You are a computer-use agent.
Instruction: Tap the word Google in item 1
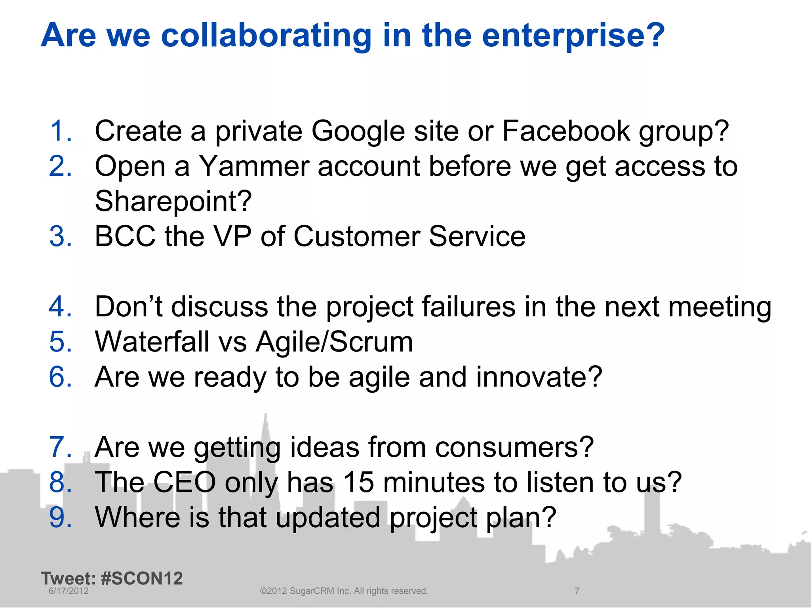click(358, 132)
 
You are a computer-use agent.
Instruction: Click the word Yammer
click(253, 166)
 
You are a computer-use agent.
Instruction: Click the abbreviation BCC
click(125, 237)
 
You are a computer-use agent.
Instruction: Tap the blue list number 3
click(60, 237)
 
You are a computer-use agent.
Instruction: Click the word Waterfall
click(152, 342)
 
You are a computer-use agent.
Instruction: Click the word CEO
click(185, 483)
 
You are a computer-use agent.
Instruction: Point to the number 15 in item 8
click(358, 483)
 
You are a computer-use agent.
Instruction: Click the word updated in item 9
click(328, 518)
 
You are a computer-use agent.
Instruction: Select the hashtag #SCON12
click(142, 578)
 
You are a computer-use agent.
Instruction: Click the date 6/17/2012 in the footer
click(69, 591)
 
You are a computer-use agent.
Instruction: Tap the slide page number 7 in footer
click(577, 591)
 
